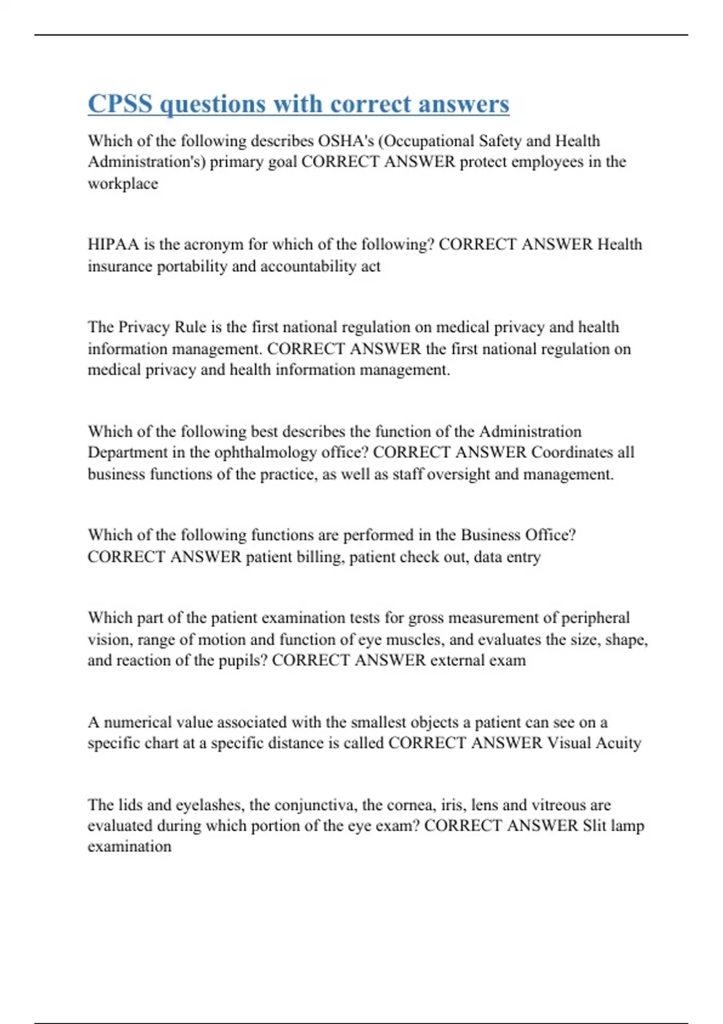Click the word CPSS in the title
(x=120, y=104)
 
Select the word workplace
(x=123, y=184)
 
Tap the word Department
(x=129, y=452)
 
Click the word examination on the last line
(x=130, y=847)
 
